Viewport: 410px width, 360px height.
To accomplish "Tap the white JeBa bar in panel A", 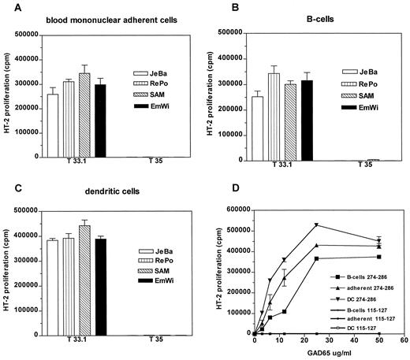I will pos(53,126).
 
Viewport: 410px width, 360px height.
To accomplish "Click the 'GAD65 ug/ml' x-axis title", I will pos(328,353).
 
